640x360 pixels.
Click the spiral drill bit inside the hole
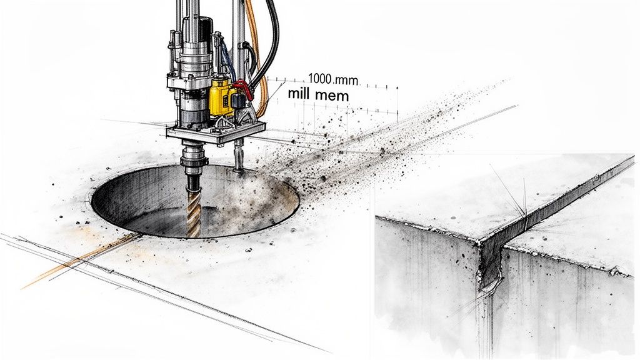(193, 209)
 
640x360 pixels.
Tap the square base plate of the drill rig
(216, 133)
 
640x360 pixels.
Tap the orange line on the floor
(75, 261)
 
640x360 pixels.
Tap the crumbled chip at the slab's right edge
(619, 271)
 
